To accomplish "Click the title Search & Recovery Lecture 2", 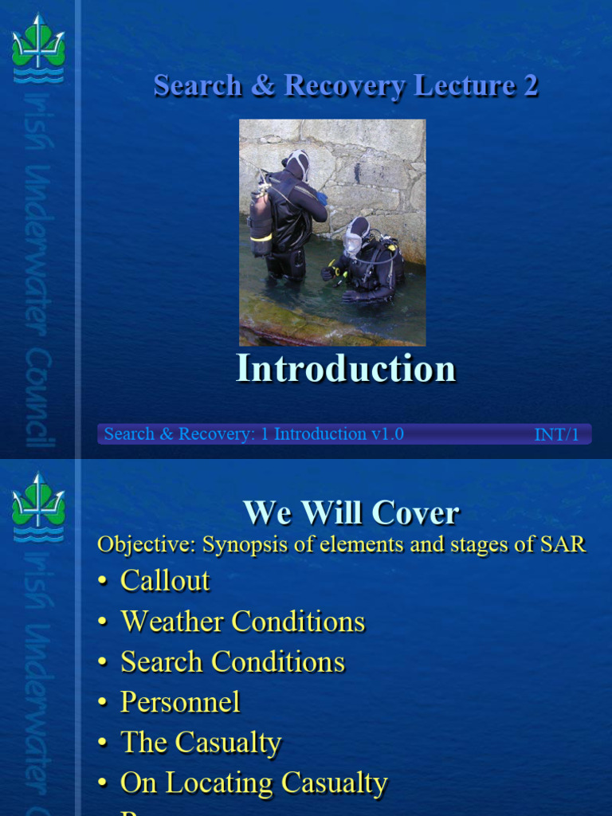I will [x=346, y=86].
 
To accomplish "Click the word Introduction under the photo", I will [x=346, y=369].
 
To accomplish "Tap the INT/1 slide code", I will [x=556, y=435].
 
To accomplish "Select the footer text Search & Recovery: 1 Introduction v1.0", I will [x=253, y=434].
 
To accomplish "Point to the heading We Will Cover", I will [x=351, y=512].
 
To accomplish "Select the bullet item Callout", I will [x=165, y=580].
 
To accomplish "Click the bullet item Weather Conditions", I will [x=242, y=622].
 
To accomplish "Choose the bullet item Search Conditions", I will [x=232, y=662].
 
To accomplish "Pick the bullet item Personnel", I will [x=180, y=702].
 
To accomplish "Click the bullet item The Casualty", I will [x=201, y=743].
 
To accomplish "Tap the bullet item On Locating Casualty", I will [x=253, y=783].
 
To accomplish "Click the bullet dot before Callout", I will [x=102, y=582].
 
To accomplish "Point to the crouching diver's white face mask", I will [x=353, y=241].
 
